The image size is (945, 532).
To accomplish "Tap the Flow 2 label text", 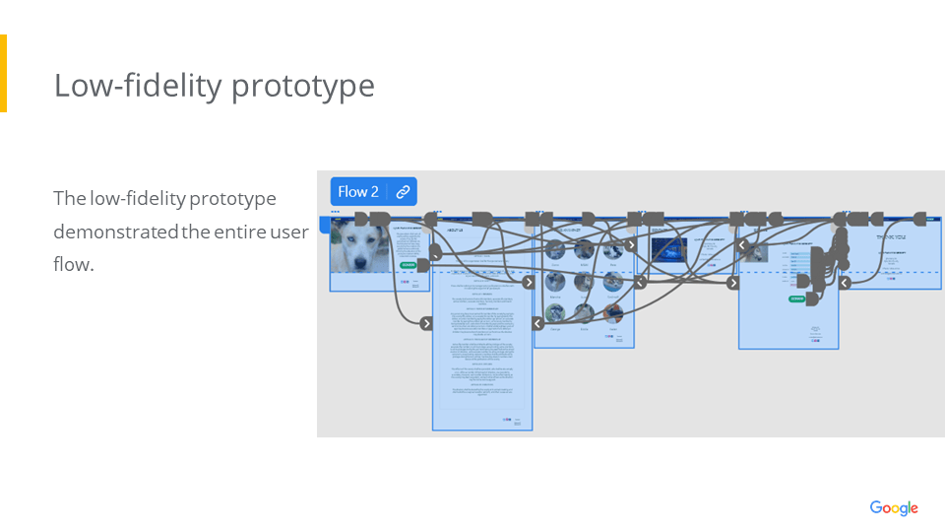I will coord(358,192).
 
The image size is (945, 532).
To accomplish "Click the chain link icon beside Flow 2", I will coord(403,192).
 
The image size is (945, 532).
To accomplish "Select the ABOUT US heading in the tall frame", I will coord(455,231).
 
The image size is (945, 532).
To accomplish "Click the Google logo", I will coord(894,508).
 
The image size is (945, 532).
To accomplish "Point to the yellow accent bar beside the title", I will coord(3,73).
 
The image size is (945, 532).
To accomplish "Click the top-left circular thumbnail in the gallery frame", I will coord(556,250).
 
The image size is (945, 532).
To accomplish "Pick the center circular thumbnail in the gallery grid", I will coord(585,282).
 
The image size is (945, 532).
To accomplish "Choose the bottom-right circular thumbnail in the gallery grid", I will coord(613,312).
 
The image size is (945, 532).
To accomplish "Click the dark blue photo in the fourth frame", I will coord(669,251).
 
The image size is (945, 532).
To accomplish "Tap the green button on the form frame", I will coord(797,298).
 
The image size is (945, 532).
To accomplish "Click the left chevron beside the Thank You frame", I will coord(845,283).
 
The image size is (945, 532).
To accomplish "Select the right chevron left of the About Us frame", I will coord(426,323).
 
